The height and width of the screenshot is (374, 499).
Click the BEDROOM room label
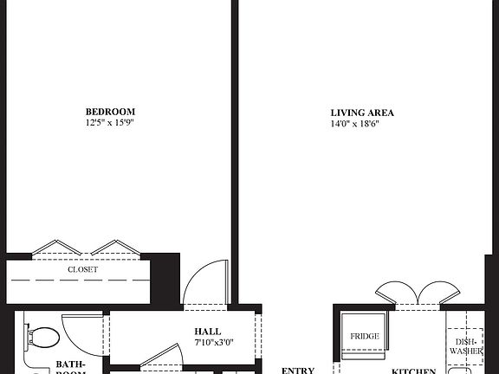click(x=110, y=112)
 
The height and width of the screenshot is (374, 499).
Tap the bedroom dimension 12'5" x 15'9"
click(x=110, y=123)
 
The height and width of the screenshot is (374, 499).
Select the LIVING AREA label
click(x=362, y=113)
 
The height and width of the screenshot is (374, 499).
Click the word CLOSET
click(x=83, y=270)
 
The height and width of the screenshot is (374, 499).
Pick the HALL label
click(x=207, y=332)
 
